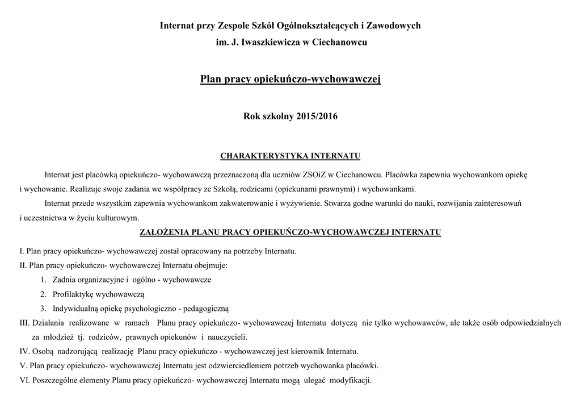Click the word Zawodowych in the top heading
(394, 26)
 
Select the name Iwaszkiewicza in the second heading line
(270, 43)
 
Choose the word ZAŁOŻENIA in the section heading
(165, 232)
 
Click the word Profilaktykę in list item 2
(74, 294)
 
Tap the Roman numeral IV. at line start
(24, 351)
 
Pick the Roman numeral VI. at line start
(24, 380)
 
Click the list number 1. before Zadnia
(44, 280)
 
